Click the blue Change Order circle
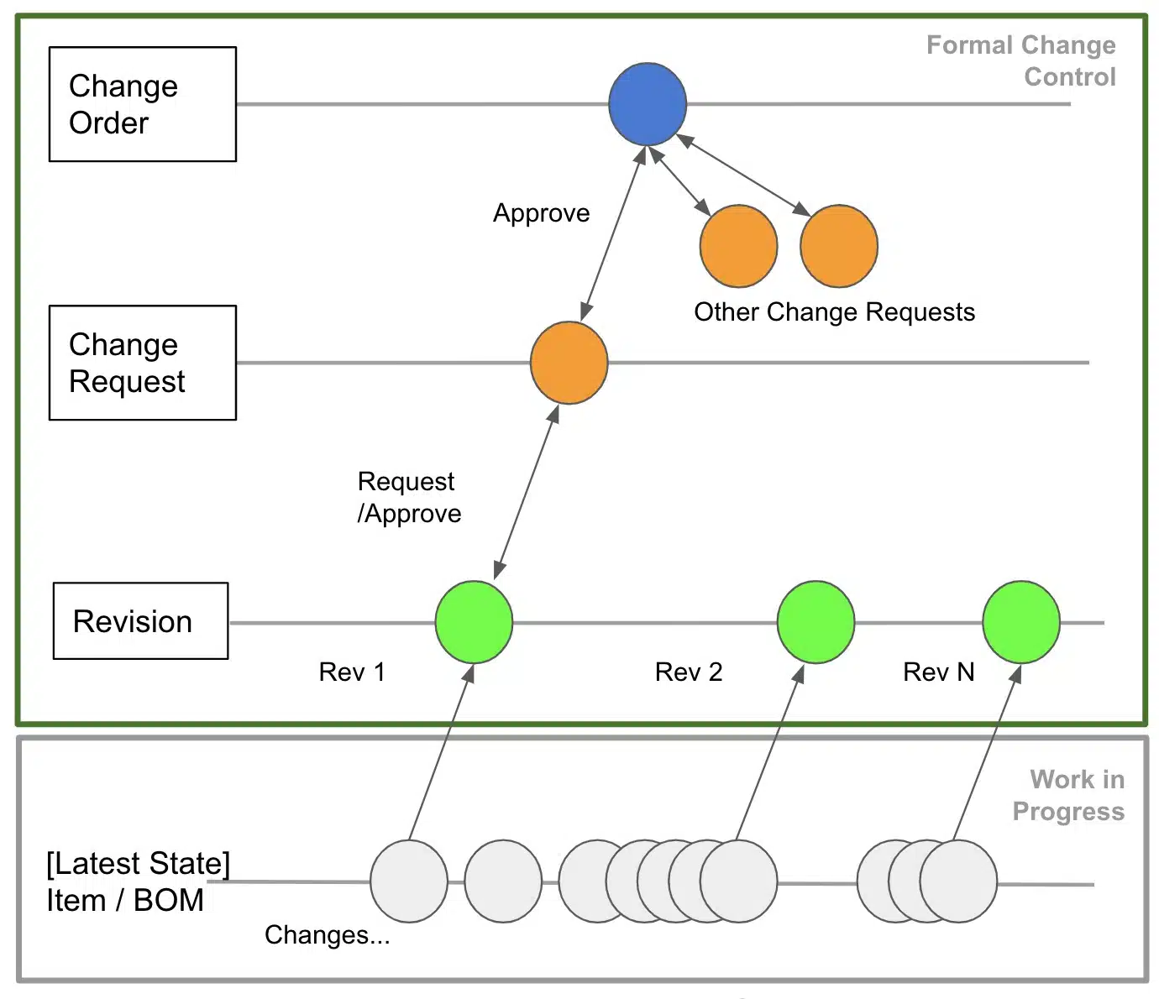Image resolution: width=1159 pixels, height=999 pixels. [647, 104]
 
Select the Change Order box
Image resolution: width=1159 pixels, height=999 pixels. [143, 104]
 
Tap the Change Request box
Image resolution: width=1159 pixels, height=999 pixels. [143, 363]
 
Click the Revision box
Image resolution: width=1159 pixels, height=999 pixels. [141, 621]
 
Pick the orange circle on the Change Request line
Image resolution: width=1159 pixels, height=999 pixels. [569, 363]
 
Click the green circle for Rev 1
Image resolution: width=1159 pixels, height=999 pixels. [474, 622]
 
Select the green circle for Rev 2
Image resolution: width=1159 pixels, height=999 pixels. [815, 622]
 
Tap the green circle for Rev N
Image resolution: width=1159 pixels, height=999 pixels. [1021, 622]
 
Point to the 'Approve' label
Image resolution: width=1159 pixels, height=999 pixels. [541, 213]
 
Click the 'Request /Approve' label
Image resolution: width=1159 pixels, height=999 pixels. [409, 497]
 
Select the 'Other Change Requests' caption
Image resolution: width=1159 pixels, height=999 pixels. [834, 311]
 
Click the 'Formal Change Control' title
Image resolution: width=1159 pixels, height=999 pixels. [1020, 60]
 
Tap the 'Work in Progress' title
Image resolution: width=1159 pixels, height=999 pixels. [1068, 795]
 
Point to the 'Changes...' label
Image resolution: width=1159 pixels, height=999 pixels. [327, 934]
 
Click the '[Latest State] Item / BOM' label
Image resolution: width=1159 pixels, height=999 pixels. [138, 881]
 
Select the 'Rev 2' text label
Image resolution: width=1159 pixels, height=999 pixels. [689, 672]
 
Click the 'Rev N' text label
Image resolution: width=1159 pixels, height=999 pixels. [939, 672]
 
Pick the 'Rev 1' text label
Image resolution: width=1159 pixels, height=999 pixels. [352, 672]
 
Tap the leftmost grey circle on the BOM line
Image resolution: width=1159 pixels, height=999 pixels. [409, 881]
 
